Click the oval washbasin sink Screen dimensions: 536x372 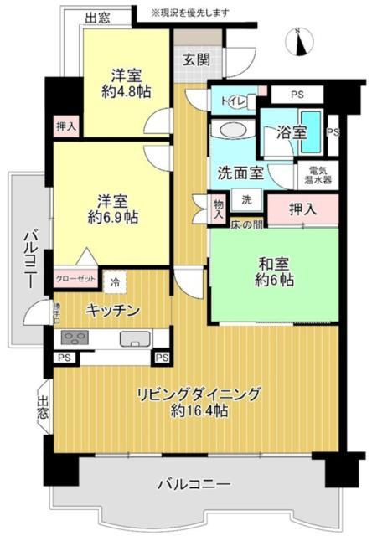(x=227, y=131)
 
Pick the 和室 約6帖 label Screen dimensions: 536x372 (x=273, y=274)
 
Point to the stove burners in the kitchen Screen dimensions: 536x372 (x=75, y=339)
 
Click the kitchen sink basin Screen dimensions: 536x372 (x=134, y=339)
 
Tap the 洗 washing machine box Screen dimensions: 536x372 (x=246, y=200)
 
